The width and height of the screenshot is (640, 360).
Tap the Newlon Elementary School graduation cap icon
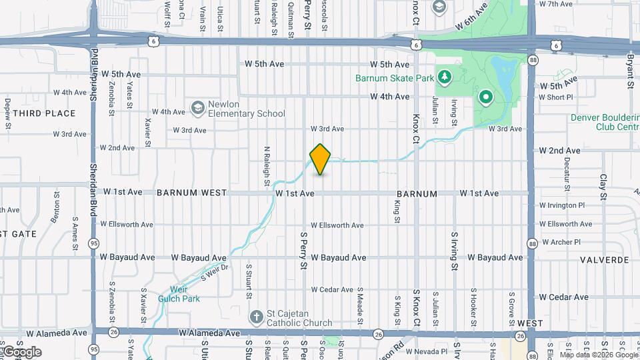coord(197,107)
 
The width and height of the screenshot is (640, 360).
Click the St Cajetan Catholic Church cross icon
coord(255,317)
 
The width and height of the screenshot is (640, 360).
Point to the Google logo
coord(21,351)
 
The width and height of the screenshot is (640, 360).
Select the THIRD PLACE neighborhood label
coord(44,113)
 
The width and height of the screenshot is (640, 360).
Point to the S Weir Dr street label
coord(214,272)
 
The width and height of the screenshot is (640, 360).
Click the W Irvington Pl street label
coord(561,205)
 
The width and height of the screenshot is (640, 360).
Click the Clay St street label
coord(603,187)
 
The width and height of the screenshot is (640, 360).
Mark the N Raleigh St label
coord(266,166)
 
